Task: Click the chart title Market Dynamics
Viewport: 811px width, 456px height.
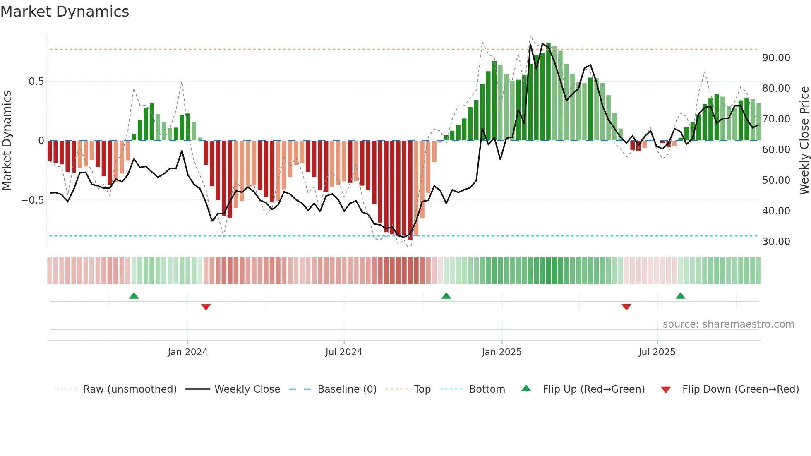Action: (x=65, y=12)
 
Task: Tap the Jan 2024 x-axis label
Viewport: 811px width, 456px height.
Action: (x=187, y=352)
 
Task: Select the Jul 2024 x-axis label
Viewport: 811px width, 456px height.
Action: (x=343, y=352)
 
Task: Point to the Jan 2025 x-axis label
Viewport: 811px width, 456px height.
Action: (x=501, y=352)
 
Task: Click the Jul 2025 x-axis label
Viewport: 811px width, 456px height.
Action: (x=657, y=352)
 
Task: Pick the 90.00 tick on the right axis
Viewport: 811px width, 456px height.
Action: (x=776, y=58)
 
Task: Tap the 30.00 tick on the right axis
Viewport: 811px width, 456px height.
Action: (x=776, y=242)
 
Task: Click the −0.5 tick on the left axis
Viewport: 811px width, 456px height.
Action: (x=32, y=200)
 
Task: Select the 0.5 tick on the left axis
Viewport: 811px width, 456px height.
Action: (x=36, y=82)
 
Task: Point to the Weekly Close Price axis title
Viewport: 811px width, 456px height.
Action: (x=804, y=141)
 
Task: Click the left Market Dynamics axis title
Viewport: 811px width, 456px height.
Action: (x=7, y=141)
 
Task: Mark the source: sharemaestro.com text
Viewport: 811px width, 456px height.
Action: (x=728, y=324)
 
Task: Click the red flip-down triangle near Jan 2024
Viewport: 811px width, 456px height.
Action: (x=206, y=307)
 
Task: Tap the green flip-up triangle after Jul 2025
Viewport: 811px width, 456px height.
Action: (x=680, y=296)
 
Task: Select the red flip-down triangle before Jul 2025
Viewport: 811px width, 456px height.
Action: (x=626, y=307)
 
